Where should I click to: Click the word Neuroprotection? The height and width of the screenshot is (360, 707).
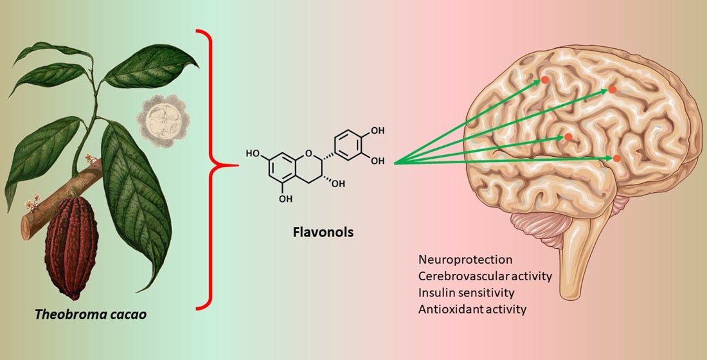pos(465,260)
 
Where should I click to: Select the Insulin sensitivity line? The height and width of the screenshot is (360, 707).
pos(467,292)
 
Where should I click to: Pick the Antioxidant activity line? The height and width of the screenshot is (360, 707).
pos(472,309)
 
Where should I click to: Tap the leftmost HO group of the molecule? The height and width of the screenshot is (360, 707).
pos(252,154)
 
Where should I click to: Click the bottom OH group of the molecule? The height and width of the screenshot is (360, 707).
pos(286,199)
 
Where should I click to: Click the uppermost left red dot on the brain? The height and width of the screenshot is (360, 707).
pos(544,80)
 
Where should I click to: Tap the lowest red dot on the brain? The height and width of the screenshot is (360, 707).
pos(616,158)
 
